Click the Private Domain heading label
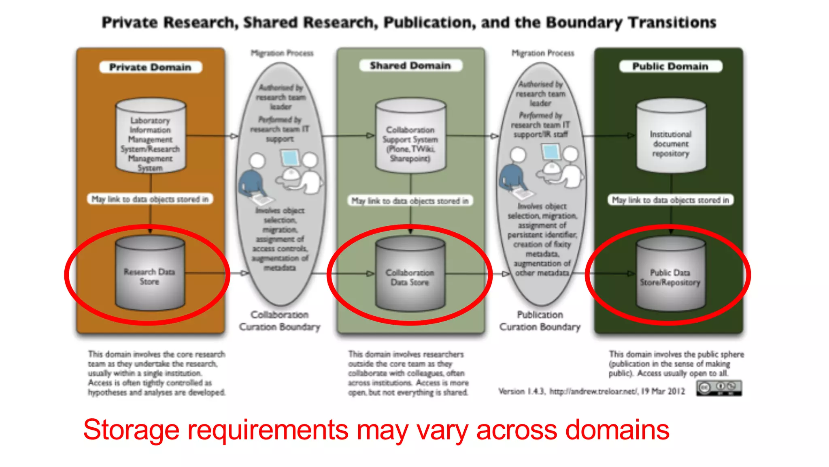tap(150, 67)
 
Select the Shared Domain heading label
tap(410, 66)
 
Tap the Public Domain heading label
tap(670, 66)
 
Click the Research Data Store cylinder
tap(150, 274)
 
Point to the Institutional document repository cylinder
tap(671, 136)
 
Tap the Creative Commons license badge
tap(719, 388)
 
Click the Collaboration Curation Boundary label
tap(279, 321)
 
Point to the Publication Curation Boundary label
tap(540, 321)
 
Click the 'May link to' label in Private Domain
tap(150, 199)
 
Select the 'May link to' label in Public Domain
tap(670, 200)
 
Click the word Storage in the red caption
tap(131, 430)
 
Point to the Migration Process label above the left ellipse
tap(282, 53)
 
